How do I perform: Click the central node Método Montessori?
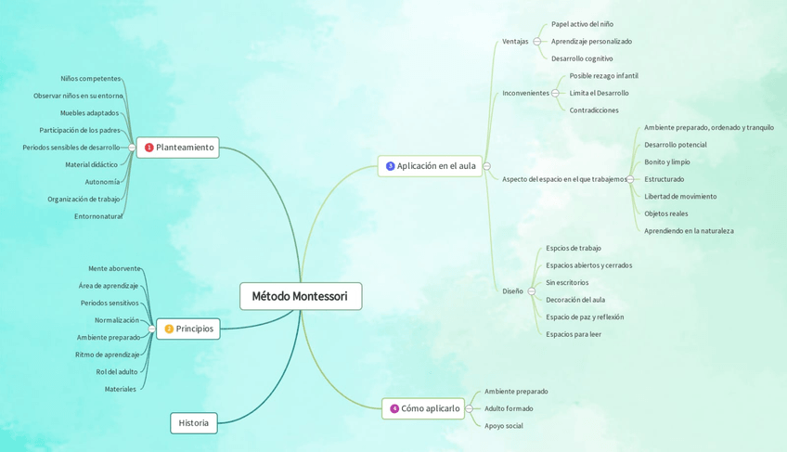coord(300,296)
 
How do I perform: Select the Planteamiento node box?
coord(178,148)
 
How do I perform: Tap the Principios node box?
coord(188,329)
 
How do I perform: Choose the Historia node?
coord(193,423)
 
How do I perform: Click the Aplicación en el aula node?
coord(430,166)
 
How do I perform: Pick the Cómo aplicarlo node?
coord(423,408)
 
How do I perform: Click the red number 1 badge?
coord(148,148)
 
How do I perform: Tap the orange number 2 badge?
coord(169,329)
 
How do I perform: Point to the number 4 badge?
coord(393,408)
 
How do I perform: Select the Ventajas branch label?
coord(515,42)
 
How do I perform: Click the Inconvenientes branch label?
coord(525,93)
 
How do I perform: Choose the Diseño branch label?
coord(512,291)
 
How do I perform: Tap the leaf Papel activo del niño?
coord(582,24)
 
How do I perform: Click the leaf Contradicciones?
coord(594,110)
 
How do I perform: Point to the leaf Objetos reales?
coord(666,213)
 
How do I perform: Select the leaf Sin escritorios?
coord(567,282)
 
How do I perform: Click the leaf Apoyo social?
coord(504,426)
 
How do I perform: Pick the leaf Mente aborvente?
coord(114,268)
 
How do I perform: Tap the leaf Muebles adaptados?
coord(90,113)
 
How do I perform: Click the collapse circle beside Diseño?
coord(532,291)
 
